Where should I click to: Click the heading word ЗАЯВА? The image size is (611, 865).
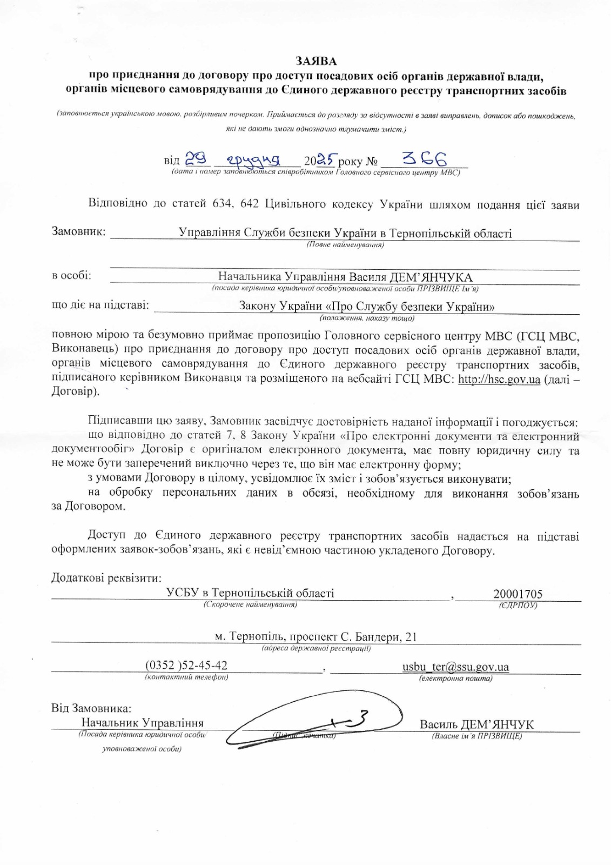pyautogui.click(x=315, y=62)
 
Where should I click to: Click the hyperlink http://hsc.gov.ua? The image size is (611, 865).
pyautogui.click(x=499, y=379)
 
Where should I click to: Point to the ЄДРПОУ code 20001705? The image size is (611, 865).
pyautogui.click(x=518, y=594)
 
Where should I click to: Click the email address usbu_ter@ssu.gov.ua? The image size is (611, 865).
pyautogui.click(x=455, y=667)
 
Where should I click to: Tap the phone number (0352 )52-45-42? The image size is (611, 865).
pyautogui.click(x=186, y=665)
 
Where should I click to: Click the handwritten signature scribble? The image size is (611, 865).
pyautogui.click(x=319, y=722)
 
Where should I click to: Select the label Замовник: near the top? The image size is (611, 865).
pyautogui.click(x=78, y=231)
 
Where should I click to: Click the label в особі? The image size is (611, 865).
pyautogui.click(x=71, y=276)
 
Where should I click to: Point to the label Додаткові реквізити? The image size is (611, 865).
pyautogui.click(x=106, y=577)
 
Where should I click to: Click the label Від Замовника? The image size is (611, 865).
pyautogui.click(x=91, y=708)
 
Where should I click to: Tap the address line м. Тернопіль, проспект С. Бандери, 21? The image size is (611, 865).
pyautogui.click(x=316, y=636)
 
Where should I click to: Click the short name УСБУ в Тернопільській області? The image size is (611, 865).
pyautogui.click(x=250, y=593)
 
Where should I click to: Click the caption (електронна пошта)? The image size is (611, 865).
pyautogui.click(x=455, y=678)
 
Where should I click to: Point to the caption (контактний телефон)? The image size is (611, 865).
pyautogui.click(x=186, y=677)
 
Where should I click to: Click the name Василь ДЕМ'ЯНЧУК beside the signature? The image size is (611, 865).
pyautogui.click(x=476, y=724)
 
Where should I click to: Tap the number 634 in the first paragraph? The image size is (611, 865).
pyautogui.click(x=220, y=204)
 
